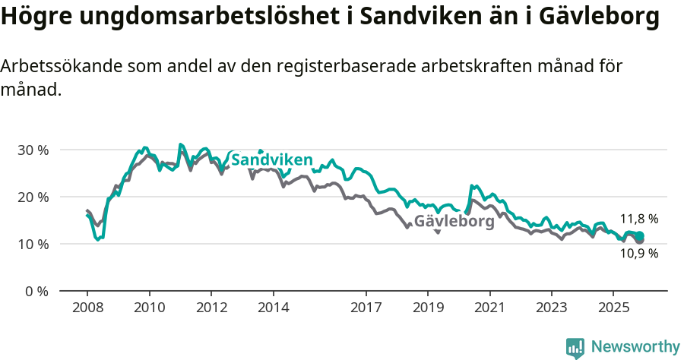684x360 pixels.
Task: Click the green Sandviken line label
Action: tap(271, 160)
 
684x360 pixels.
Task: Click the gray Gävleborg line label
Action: tap(454, 223)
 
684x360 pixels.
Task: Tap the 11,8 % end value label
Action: tap(638, 219)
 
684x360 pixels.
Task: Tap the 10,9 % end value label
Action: tap(638, 254)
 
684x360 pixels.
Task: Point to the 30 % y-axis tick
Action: tap(33, 150)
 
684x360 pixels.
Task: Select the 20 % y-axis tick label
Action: tap(33, 197)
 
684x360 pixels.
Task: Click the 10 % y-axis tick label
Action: tap(33, 244)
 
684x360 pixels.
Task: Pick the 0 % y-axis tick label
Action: tap(36, 291)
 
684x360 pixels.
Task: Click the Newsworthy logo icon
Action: tap(575, 348)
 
